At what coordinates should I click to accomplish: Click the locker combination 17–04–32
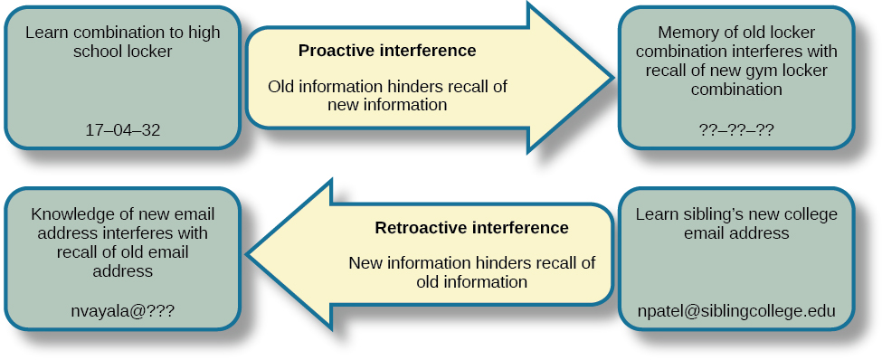(x=122, y=129)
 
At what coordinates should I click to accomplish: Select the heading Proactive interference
(x=387, y=51)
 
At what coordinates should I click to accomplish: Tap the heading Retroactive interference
(x=471, y=227)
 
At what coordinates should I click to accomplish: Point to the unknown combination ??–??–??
(x=736, y=129)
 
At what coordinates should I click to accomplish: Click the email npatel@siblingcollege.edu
(x=736, y=311)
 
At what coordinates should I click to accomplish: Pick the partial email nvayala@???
(x=122, y=310)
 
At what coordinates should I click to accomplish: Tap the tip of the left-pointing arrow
(x=249, y=252)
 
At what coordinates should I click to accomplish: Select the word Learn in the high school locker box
(x=45, y=33)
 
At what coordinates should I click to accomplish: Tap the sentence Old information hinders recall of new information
(x=387, y=96)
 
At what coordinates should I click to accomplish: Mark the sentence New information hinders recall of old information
(x=471, y=272)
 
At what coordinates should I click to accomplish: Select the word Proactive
(x=337, y=51)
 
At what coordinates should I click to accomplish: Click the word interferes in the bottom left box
(x=164, y=233)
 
